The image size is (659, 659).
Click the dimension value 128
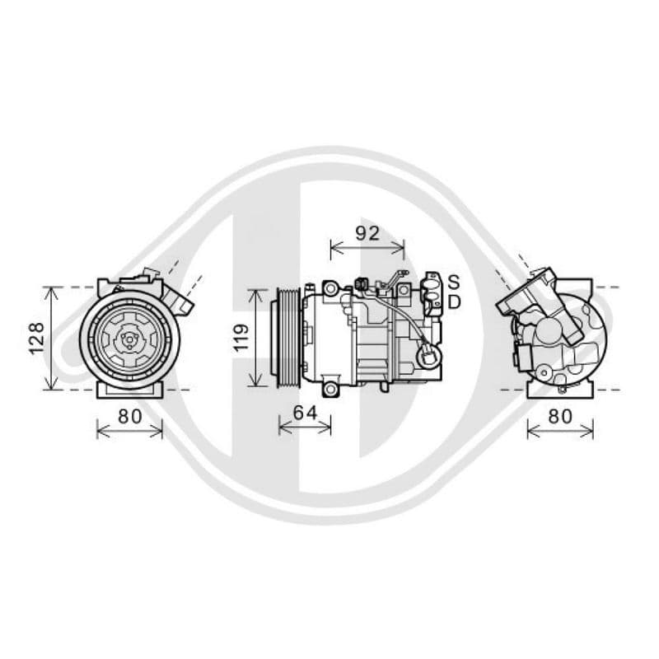pyautogui.click(x=36, y=339)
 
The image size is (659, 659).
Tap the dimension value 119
pyautogui.click(x=241, y=338)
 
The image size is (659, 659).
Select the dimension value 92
pyautogui.click(x=367, y=233)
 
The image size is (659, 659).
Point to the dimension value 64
pyautogui.click(x=305, y=414)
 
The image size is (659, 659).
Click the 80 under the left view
pyautogui.click(x=130, y=417)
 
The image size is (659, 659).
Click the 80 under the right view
pyautogui.click(x=560, y=417)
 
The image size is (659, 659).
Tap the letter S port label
pyautogui.click(x=454, y=282)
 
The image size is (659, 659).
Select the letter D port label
pyautogui.click(x=455, y=301)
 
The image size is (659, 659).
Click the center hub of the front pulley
pyautogui.click(x=129, y=339)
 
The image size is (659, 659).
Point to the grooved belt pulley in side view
pyautogui.click(x=285, y=338)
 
